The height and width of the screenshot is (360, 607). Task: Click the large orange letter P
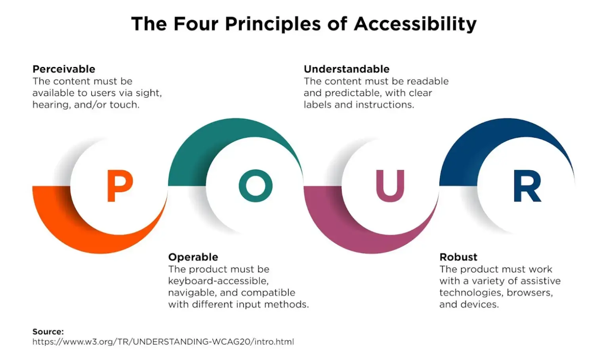click(x=119, y=186)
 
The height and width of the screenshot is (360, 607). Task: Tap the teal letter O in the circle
click(x=256, y=186)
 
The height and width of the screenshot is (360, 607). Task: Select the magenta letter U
click(x=390, y=186)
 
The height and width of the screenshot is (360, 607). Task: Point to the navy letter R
click(x=527, y=186)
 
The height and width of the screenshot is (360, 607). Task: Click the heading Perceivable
click(x=64, y=69)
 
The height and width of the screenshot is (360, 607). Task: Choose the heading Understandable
click(x=347, y=69)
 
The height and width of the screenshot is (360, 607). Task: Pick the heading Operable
click(x=193, y=257)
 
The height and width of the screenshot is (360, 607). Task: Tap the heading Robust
click(x=458, y=257)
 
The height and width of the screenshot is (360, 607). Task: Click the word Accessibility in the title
click(x=415, y=24)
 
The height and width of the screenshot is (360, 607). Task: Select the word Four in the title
click(x=196, y=24)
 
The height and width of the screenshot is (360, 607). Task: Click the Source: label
click(x=48, y=331)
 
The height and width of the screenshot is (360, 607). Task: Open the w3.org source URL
click(x=163, y=341)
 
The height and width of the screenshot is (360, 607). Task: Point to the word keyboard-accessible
click(x=218, y=281)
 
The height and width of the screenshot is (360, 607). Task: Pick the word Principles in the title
click(x=273, y=24)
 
